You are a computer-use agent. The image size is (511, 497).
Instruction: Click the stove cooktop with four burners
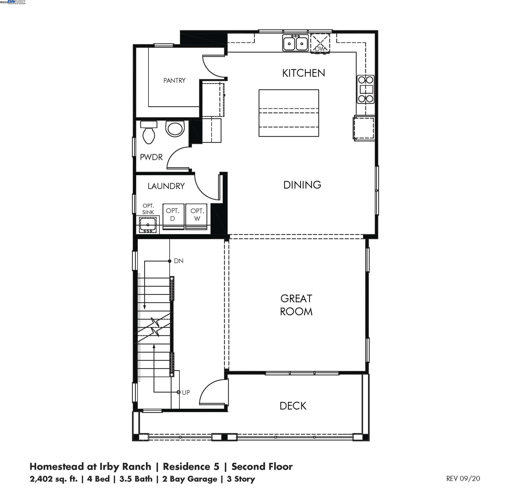pos(365,89)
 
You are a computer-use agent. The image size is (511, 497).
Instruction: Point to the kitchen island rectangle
pos(289,113)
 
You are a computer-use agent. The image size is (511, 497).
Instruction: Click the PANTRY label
pos(174,80)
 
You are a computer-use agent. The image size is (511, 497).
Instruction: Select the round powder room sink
pos(175,129)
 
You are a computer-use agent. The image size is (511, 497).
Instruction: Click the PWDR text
pos(151,157)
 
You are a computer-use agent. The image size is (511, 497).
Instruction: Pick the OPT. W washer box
pos(197,216)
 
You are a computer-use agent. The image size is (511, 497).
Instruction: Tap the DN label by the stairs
pos(179,261)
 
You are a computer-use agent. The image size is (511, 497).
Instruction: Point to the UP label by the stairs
pos(186,392)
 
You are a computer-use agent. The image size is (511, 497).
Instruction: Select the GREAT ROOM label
pos(296,305)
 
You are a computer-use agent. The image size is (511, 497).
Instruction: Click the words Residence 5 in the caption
pos(191,466)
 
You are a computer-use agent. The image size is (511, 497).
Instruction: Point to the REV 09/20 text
pos(463,478)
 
